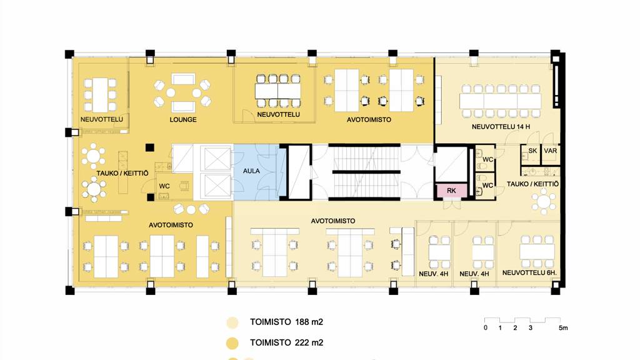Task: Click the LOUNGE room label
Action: tap(183, 119)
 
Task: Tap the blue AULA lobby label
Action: tap(251, 171)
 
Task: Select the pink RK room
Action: tap(451, 191)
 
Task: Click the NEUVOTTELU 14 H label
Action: tap(501, 127)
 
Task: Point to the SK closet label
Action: tap(532, 151)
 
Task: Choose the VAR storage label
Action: tap(550, 151)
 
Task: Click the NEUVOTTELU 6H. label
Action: tap(529, 272)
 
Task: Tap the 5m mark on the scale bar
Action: tap(563, 327)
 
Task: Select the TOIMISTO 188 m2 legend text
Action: tap(286, 322)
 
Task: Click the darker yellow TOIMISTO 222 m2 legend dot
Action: tap(232, 343)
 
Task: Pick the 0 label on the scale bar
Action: tap(485, 327)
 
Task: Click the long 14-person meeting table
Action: tap(500, 101)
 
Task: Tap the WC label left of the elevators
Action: tap(164, 186)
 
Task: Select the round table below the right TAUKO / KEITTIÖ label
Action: tap(544, 202)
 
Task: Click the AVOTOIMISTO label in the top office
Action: tap(369, 119)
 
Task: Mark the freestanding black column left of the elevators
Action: tap(150, 147)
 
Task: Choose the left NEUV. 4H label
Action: tap(434, 274)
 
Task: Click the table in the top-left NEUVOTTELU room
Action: tap(100, 95)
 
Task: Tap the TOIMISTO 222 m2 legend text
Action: tap(286, 343)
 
